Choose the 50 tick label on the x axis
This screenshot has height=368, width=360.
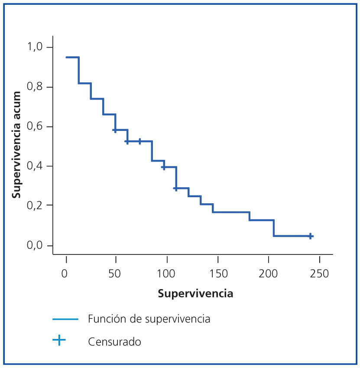(x=115, y=274)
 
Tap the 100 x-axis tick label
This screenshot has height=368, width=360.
(x=165, y=274)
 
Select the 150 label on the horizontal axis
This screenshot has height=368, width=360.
(x=216, y=274)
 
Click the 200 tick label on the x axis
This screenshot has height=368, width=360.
(x=267, y=274)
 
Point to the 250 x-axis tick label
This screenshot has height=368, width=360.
(x=318, y=274)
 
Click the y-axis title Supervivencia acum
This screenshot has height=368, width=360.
(x=16, y=144)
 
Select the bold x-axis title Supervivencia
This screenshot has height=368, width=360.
(x=195, y=294)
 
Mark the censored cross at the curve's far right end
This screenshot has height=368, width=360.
(x=310, y=236)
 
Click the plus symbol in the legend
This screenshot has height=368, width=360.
(x=59, y=341)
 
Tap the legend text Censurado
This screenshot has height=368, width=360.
(x=114, y=342)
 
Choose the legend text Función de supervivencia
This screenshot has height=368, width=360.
(x=149, y=319)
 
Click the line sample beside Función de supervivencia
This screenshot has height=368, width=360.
(x=65, y=319)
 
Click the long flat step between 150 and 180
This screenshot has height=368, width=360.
(x=231, y=212)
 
